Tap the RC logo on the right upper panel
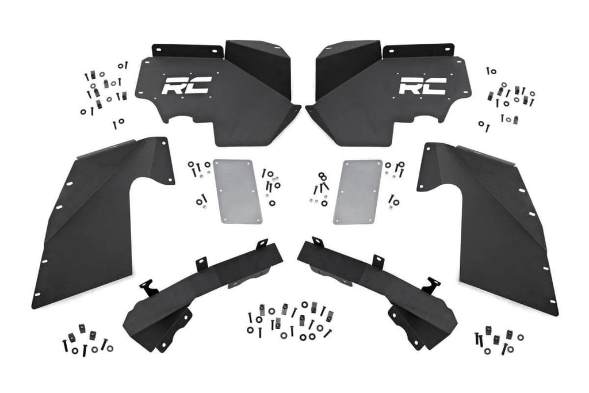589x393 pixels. (422, 85)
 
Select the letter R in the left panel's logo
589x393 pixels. (173, 85)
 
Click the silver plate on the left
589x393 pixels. (238, 191)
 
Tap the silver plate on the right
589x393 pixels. (358, 191)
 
